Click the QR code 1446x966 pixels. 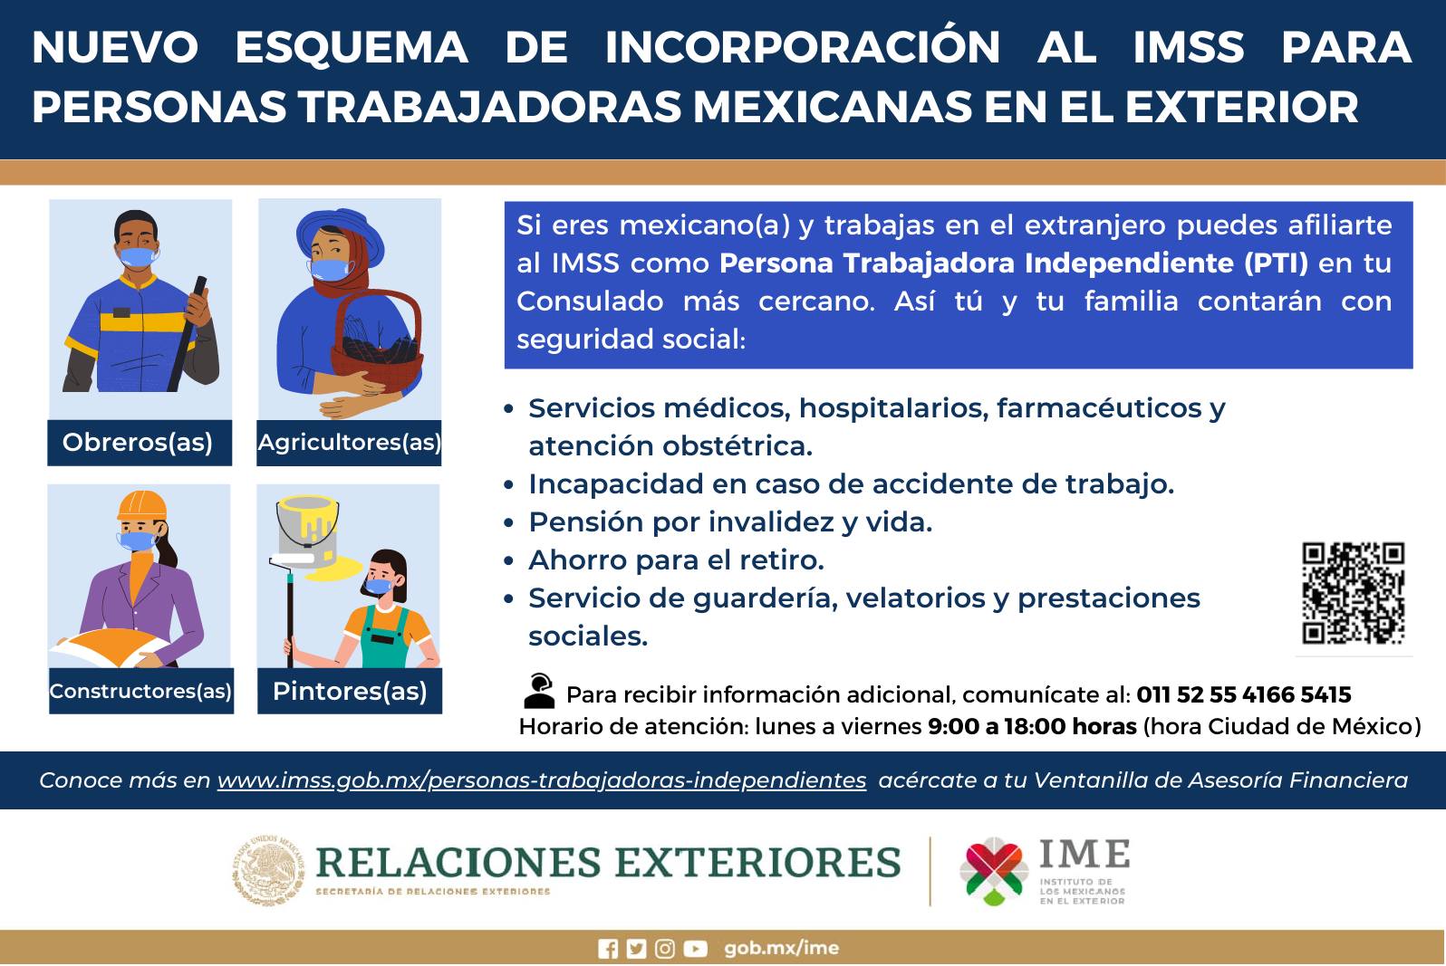pyautogui.click(x=1353, y=593)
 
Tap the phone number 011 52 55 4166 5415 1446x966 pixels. pyautogui.click(x=1243, y=694)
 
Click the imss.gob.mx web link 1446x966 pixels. pyautogui.click(x=542, y=780)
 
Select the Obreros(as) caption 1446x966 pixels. pyautogui.click(x=138, y=443)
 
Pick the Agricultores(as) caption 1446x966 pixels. pyautogui.click(x=349, y=443)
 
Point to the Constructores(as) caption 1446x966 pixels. pyautogui.click(x=140, y=691)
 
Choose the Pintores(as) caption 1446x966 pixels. pyautogui.click(x=350, y=691)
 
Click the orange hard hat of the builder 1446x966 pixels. pyautogui.click(x=141, y=505)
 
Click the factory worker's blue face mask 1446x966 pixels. pyautogui.click(x=137, y=257)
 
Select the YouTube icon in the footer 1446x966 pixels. pyautogui.click(x=695, y=949)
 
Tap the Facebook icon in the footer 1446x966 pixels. pyautogui.click(x=607, y=949)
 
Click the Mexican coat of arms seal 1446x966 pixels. pyautogui.click(x=268, y=870)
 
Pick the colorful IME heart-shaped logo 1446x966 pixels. pyautogui.click(x=994, y=871)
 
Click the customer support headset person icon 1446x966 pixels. pyautogui.click(x=539, y=692)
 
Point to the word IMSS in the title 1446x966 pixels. pyautogui.click(x=1189, y=47)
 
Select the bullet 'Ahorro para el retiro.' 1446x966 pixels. pyautogui.click(x=677, y=560)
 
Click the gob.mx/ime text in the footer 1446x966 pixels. pyautogui.click(x=782, y=948)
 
